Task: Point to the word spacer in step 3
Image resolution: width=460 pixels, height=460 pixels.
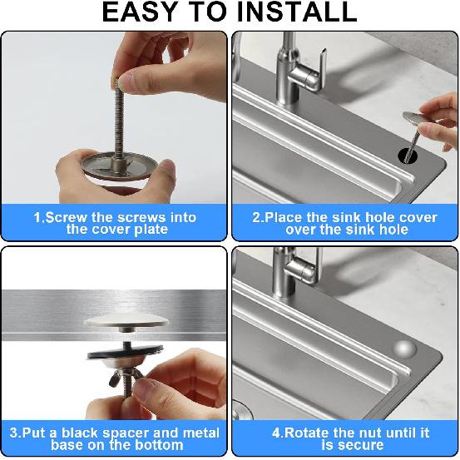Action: (123, 433)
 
